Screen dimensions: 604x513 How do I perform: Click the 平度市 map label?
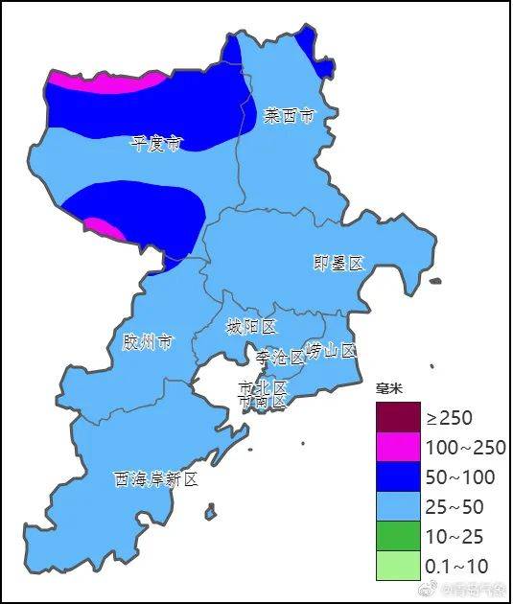coord(155,144)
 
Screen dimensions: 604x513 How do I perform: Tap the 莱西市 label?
coord(289,117)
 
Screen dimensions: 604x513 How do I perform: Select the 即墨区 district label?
coord(339,263)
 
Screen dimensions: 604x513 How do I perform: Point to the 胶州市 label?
coord(148,341)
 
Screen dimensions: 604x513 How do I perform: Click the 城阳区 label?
coord(251,327)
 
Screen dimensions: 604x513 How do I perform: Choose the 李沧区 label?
coord(279,357)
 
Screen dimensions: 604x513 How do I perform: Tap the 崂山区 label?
coord(331,350)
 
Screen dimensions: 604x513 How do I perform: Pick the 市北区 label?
coord(263,387)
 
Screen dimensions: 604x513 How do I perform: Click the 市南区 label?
coord(263,402)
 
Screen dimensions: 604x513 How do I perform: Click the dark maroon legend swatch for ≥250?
coord(398,417)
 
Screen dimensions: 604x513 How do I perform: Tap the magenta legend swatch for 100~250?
coord(398,447)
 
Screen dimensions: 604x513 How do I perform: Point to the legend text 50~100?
coord(459,477)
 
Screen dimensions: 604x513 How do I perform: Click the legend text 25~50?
coord(455,507)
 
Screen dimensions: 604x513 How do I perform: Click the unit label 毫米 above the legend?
coord(388,388)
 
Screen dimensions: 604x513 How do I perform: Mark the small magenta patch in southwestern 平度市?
coord(104,228)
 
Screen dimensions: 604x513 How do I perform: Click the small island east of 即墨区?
coord(435,281)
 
